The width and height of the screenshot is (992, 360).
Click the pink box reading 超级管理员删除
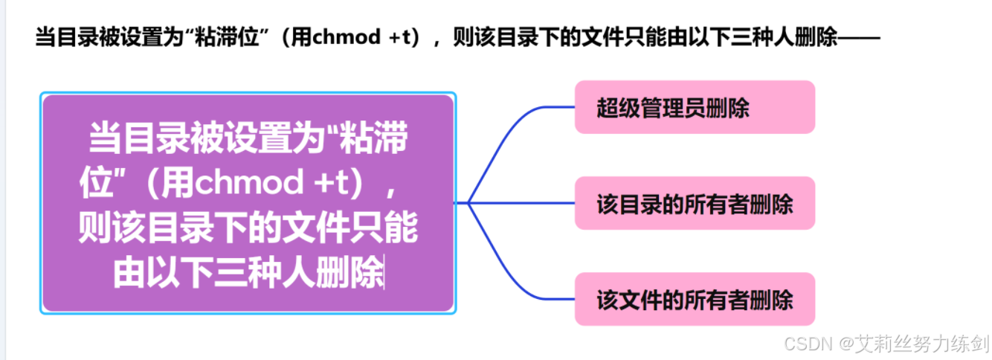point(695,108)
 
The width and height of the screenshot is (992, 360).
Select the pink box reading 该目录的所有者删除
point(695,203)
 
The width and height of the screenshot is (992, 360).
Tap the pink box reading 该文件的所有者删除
point(695,299)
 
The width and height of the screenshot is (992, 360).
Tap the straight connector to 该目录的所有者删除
point(521,203)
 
